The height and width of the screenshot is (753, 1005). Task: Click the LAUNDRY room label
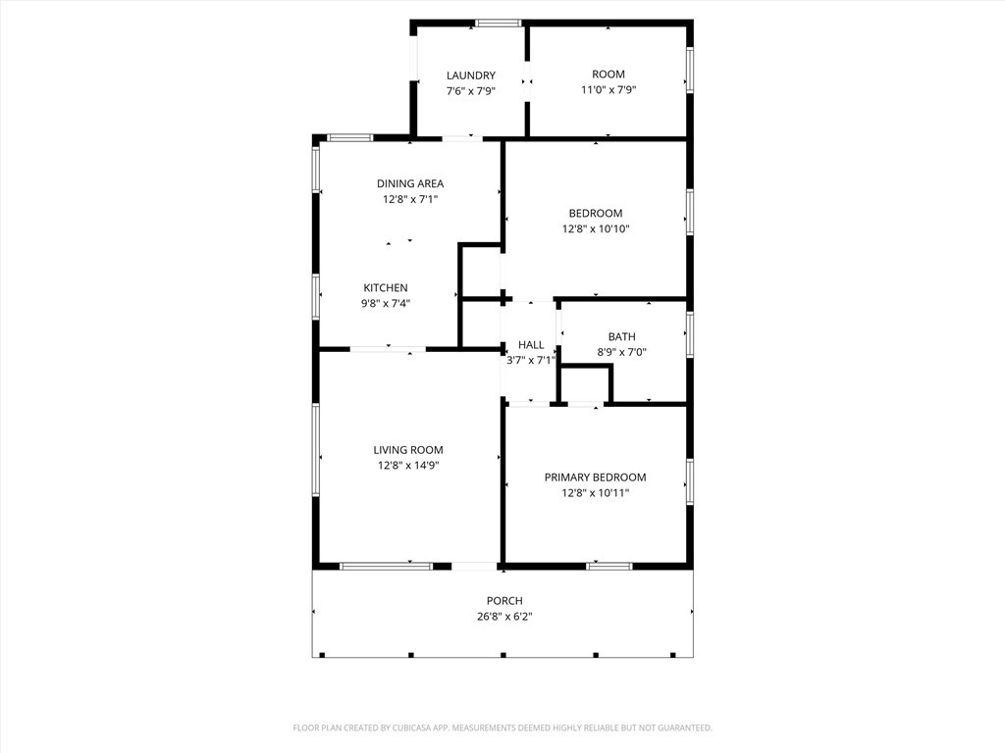pos(471,75)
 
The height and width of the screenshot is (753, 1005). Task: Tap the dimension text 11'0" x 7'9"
pos(608,89)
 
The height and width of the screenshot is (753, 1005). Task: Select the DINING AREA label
pos(410,183)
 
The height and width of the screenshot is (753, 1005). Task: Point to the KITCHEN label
pos(385,288)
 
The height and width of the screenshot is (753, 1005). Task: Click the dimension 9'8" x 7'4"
pos(385,304)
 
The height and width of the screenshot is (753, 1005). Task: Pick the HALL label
pos(531,345)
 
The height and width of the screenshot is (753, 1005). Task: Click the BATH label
pos(621,337)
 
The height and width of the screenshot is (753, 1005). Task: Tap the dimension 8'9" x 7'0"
pos(621,352)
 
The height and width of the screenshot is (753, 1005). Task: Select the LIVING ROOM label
pos(408,450)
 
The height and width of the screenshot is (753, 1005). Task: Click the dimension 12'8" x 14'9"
pos(408,466)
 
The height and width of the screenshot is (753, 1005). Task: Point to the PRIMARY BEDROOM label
pos(596,477)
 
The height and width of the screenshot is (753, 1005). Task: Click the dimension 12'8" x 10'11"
pos(596,493)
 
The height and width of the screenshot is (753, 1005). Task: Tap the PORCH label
pos(504,601)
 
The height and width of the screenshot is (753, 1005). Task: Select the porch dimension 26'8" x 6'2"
pos(504,617)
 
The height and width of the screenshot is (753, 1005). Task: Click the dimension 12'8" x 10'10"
pos(596,228)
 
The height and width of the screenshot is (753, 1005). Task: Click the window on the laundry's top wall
pos(498,24)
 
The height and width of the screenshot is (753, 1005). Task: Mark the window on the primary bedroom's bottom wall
pos(608,566)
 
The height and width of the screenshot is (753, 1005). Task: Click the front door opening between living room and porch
pos(474,566)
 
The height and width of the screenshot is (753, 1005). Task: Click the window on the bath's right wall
pos(690,333)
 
